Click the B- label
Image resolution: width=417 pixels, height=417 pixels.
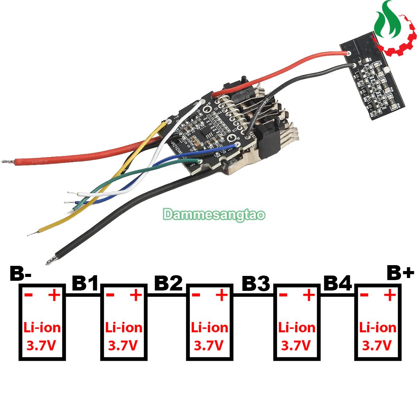pyautogui.click(x=20, y=274)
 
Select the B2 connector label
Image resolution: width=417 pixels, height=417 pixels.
pyautogui.click(x=168, y=284)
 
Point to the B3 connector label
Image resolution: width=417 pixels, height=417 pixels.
pyautogui.click(x=255, y=284)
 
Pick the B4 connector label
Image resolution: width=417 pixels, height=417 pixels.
pyautogui.click(x=337, y=284)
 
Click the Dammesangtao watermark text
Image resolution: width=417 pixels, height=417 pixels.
pyautogui.click(x=214, y=214)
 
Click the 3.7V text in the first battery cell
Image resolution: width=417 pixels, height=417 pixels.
pyautogui.click(x=41, y=345)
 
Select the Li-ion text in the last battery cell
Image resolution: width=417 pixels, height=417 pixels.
pyautogui.click(x=378, y=327)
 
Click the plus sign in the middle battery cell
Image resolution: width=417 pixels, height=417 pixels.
pyautogui.click(x=221, y=296)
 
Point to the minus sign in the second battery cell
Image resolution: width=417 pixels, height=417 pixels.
pyautogui.click(x=110, y=296)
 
